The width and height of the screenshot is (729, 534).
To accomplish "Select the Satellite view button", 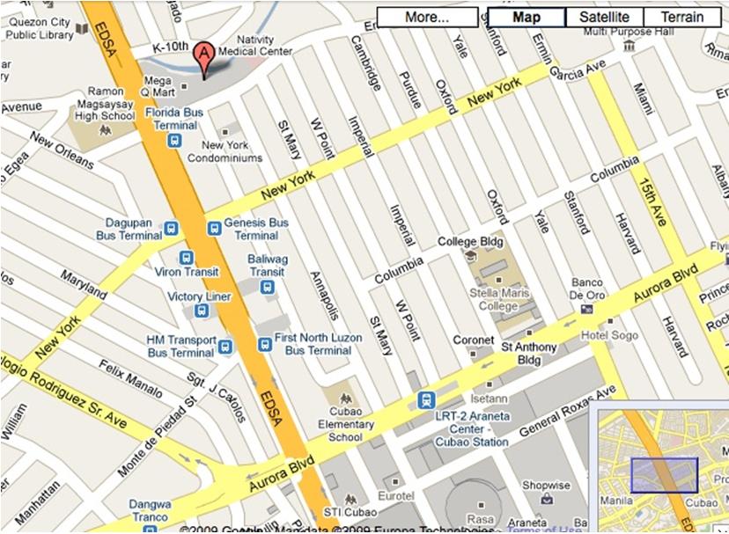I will [x=604, y=17].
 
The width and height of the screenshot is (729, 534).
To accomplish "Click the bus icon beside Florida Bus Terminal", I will [x=175, y=139].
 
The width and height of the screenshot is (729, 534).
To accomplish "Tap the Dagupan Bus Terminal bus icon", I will [x=171, y=228].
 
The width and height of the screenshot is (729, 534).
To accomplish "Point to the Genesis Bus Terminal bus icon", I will [x=214, y=228].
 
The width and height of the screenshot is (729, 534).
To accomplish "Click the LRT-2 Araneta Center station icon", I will [x=426, y=399].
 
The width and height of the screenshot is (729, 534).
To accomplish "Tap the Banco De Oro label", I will [x=586, y=289].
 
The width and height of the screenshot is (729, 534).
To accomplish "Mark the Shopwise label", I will [x=546, y=485].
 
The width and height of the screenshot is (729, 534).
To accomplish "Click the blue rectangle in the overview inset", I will [x=664, y=474].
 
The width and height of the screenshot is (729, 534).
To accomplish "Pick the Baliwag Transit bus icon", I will [x=268, y=286].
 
